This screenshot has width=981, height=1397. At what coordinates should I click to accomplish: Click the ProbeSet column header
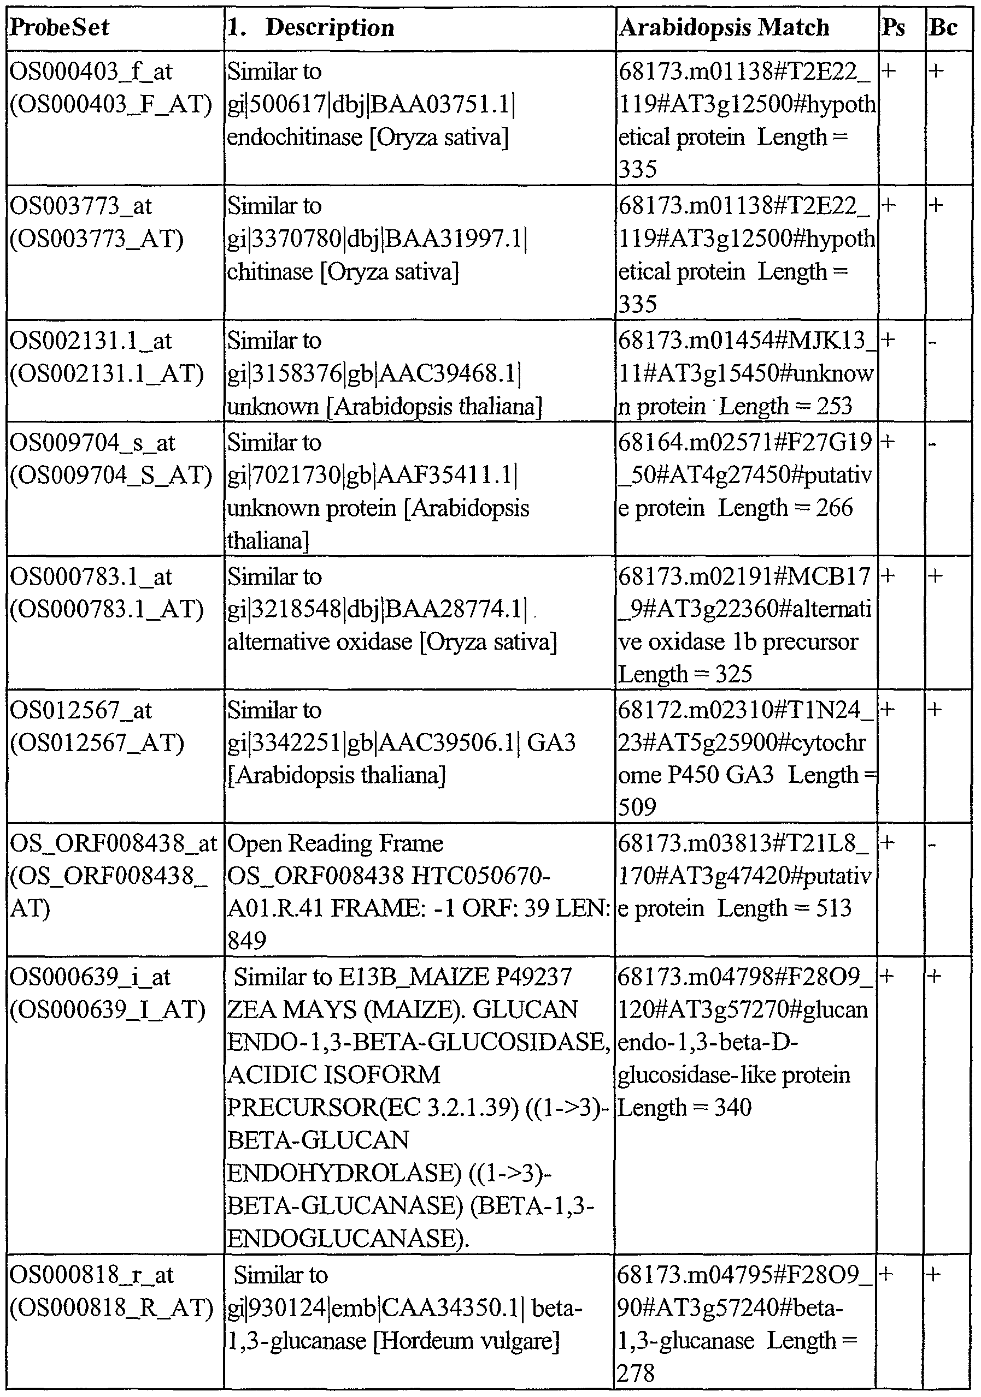[x=60, y=28]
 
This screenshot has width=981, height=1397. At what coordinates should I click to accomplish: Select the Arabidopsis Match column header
[x=724, y=28]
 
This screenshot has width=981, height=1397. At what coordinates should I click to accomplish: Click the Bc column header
[x=943, y=28]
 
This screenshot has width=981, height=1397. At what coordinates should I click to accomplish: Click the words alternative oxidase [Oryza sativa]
[x=392, y=643]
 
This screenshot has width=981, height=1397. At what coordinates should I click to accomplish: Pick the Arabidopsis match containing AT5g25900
[x=746, y=758]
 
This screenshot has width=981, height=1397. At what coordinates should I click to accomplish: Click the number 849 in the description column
[x=247, y=941]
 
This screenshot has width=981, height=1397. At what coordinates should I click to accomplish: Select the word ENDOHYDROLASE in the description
[x=344, y=1173]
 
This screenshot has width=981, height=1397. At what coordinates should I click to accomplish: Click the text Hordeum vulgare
[x=466, y=1340]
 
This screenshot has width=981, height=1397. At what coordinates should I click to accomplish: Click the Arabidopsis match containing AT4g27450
[x=745, y=475]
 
